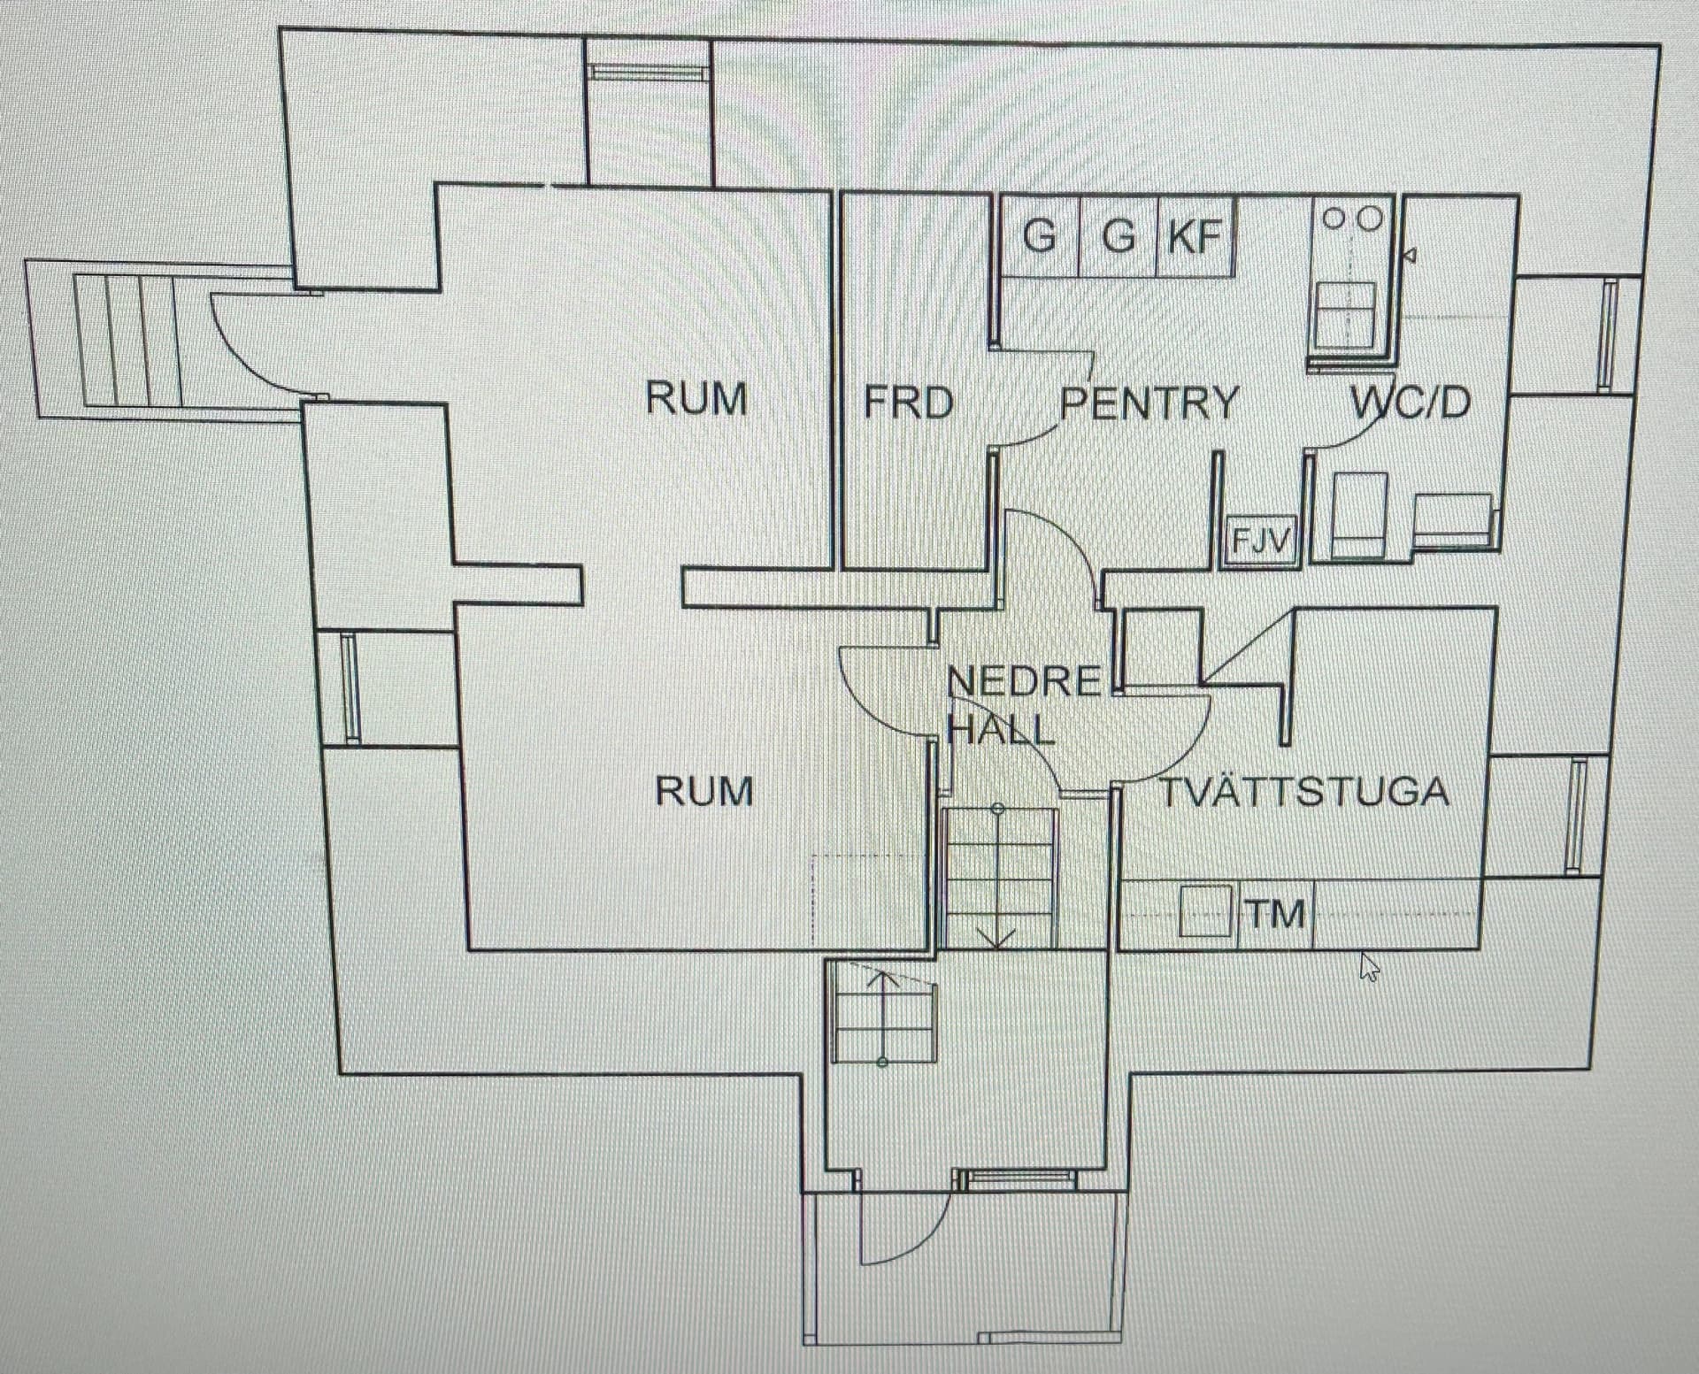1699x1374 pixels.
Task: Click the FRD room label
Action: coord(909,403)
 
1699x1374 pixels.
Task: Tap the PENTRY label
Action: coord(1149,403)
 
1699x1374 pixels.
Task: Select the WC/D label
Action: coord(1411,403)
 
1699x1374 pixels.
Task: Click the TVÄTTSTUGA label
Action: coord(1304,792)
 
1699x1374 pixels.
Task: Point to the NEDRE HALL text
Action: coord(1024,705)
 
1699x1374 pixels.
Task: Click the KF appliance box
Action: coord(1195,236)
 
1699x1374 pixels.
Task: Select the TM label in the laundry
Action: coord(1277,914)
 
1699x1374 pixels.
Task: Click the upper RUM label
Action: coord(696,398)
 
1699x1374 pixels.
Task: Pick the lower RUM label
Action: coord(704,790)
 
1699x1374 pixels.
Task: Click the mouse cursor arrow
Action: coord(1368,966)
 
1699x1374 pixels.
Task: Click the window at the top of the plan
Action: coord(650,73)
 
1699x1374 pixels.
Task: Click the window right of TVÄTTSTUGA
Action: coord(1576,814)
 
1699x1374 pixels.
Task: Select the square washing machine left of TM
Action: coord(1206,910)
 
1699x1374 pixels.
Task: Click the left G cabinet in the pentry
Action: coord(1040,237)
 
